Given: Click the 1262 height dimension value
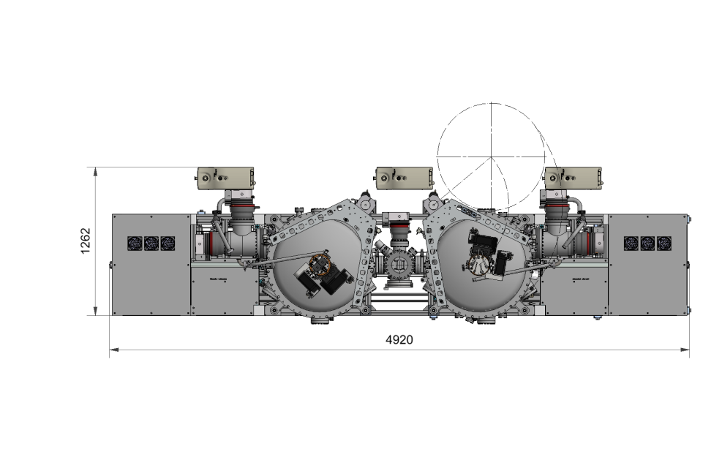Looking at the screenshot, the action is coord(85,241).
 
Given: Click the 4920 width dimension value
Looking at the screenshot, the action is coord(399,340).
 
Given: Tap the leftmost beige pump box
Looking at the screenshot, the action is coord(225,178).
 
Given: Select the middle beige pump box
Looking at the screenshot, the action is coord(404,178).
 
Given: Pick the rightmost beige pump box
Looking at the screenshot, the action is coord(574,178).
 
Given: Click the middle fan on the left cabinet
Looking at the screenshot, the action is coord(151,243).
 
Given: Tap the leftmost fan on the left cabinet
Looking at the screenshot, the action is coord(135,243).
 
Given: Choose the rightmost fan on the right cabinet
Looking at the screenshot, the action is coord(664,243).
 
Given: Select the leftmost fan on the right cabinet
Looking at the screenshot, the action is coord(631,243).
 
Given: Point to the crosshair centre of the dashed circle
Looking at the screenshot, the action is coord(492,157).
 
